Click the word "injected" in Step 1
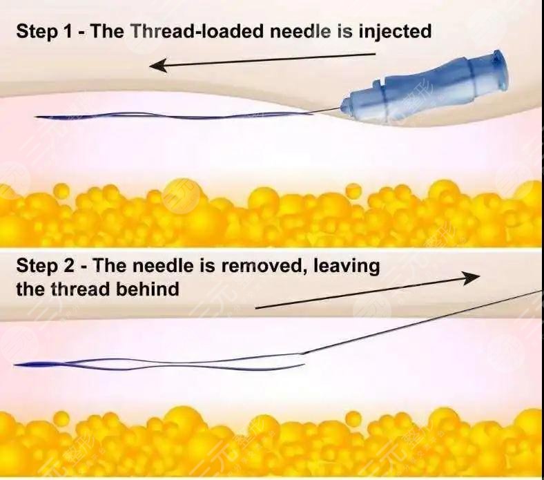coord(395,32)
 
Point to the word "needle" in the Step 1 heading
coord(300,31)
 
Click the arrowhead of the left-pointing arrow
coord(158,65)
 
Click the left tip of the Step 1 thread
coord(35,117)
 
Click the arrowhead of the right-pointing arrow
coord(471,277)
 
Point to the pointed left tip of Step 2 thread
coord(15,365)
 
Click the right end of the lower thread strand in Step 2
coord(304,365)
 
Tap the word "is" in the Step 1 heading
coord(345,31)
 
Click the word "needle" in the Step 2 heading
coord(163,266)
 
